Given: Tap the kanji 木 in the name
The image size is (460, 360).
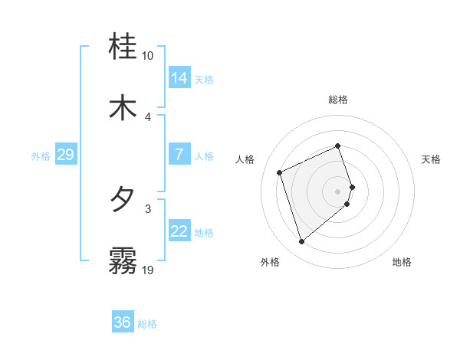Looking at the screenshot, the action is [x=123, y=107].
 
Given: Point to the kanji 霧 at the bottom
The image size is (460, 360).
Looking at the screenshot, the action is [x=123, y=260].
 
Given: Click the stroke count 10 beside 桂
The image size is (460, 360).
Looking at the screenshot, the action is [x=147, y=56].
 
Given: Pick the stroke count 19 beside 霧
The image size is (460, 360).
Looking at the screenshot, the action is [x=147, y=270].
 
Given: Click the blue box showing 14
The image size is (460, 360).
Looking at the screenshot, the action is [x=179, y=78].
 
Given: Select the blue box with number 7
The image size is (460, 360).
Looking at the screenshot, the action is [x=179, y=155].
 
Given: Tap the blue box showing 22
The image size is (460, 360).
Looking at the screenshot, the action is [x=179, y=231].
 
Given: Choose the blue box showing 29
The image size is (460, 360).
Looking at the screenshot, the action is [x=65, y=155].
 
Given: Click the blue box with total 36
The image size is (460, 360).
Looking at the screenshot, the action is [x=123, y=322].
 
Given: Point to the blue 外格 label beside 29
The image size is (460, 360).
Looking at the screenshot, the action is [x=41, y=156].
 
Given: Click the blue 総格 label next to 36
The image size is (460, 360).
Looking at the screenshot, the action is [x=147, y=324].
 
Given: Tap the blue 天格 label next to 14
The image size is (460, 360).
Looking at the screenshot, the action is [x=204, y=80].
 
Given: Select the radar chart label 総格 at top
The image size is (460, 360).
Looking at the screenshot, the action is [x=338, y=100].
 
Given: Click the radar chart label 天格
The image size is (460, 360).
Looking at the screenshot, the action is [x=432, y=159].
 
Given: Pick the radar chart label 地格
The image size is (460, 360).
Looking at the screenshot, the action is [x=402, y=263].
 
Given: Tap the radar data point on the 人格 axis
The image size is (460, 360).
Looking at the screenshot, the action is [x=280, y=172].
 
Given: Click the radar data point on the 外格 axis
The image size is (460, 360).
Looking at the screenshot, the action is [x=301, y=242].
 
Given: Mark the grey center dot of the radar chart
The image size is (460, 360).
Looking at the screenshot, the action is [x=338, y=191].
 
